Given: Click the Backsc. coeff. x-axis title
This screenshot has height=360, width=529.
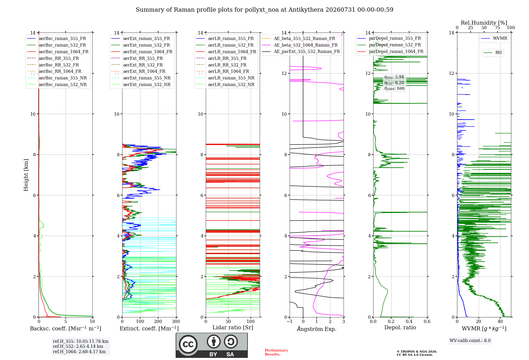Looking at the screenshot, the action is (66, 328).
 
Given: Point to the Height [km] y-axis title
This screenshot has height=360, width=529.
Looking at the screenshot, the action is (26, 175).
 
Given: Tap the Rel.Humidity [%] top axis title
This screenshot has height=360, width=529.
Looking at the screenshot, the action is (484, 23).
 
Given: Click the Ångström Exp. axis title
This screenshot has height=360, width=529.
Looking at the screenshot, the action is (317, 329).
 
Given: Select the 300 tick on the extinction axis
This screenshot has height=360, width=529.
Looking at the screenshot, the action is (176, 321).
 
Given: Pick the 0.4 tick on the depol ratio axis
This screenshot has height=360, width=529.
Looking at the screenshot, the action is (409, 321).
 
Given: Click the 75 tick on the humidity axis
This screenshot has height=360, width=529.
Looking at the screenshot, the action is (498, 28).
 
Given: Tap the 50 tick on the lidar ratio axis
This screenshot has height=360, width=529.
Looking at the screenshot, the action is (228, 321).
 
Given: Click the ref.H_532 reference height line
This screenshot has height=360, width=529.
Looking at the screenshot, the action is (78, 346).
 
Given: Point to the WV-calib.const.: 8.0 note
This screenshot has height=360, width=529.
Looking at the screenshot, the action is (470, 340).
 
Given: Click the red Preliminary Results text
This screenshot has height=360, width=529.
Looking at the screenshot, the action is (276, 352).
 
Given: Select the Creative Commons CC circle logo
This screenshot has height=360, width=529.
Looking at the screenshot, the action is (188, 344).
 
